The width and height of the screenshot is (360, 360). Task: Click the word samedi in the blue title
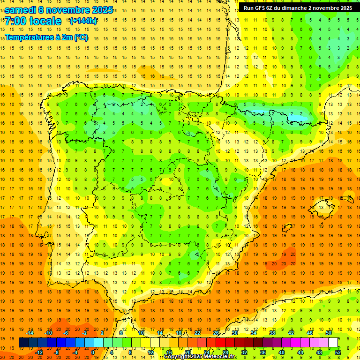[x=22, y=10]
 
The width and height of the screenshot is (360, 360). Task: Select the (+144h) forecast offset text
[x=83, y=21]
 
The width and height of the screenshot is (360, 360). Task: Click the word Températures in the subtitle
[x=29, y=37]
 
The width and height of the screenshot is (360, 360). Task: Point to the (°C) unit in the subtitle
[x=81, y=37]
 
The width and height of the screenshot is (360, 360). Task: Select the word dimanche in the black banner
[x=294, y=8]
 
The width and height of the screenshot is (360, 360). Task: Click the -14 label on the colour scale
[x=30, y=333]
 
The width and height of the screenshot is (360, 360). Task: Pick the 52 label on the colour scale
[x=338, y=352]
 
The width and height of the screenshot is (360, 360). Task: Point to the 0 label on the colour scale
[x=93, y=352]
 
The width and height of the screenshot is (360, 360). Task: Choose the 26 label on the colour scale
[x=216, y=333]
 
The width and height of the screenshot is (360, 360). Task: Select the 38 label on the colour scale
[x=272, y=333]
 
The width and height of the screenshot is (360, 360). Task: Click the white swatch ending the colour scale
[x=333, y=343]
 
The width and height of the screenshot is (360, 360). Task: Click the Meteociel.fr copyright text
[x=200, y=357]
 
